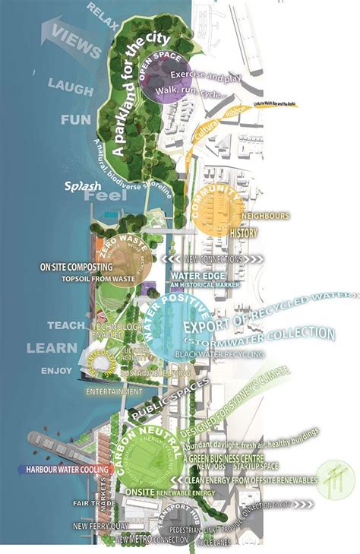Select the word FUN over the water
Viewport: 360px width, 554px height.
pyautogui.click(x=75, y=119)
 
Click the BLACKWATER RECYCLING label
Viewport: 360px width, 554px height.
pyautogui.click(x=220, y=354)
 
